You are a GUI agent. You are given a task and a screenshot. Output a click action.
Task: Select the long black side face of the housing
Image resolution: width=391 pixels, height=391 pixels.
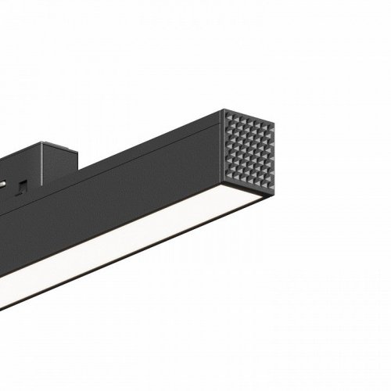[117, 207]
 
